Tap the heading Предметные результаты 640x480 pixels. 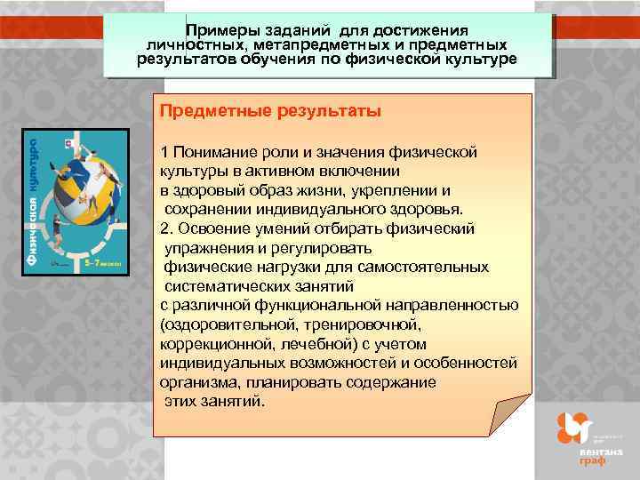pyautogui.click(x=270, y=112)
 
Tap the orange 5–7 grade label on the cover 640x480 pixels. pyautogui.click(x=99, y=263)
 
